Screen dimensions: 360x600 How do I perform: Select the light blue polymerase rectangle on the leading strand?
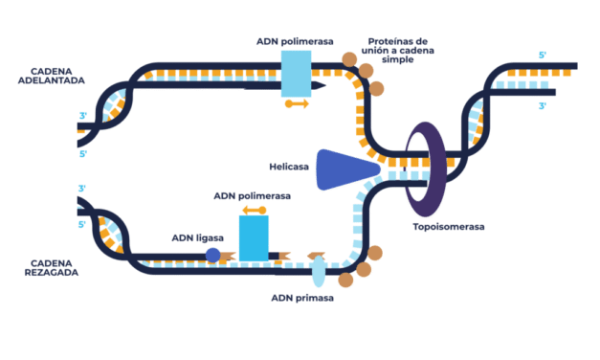296,73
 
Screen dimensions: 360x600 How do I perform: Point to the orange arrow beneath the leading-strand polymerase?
296,103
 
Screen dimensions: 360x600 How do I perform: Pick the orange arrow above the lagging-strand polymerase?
254,210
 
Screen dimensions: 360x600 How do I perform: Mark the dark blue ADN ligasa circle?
212,256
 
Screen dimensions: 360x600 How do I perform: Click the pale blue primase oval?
318,271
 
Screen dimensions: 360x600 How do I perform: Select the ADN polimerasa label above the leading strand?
295,41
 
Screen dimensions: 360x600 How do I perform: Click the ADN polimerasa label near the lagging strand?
253,194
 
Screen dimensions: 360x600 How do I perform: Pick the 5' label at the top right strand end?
543,55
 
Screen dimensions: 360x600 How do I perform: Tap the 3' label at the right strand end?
543,106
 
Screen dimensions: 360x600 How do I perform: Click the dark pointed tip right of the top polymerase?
320,87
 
